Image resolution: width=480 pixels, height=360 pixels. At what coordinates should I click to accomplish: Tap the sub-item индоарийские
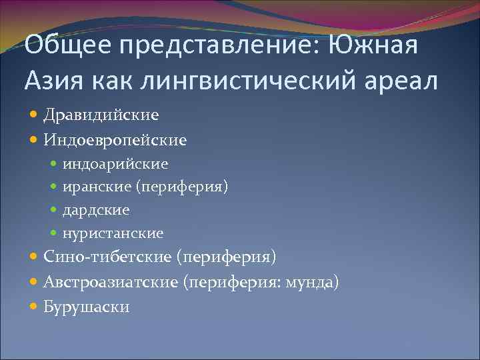click(115, 163)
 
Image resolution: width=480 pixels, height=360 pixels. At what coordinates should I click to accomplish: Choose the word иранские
click(97, 187)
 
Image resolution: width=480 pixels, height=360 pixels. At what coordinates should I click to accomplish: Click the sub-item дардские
click(96, 210)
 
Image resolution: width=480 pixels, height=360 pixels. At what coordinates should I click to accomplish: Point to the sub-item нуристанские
click(113, 233)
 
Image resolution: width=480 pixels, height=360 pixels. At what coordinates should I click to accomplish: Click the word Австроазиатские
click(111, 282)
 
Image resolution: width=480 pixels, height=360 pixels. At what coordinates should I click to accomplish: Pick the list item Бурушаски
click(87, 307)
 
